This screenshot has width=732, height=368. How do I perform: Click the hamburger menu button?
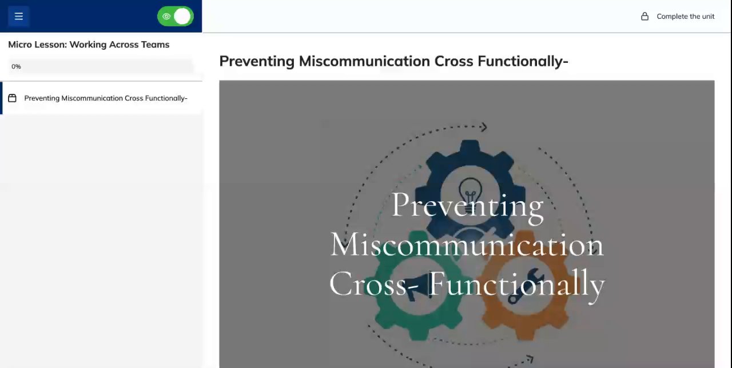19,16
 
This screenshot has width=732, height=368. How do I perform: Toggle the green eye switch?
176,17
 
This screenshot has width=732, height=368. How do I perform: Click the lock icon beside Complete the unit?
645,17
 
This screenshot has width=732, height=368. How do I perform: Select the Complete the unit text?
685,17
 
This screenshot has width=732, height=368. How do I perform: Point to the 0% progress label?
16,67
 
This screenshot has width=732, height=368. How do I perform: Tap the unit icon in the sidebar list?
12,98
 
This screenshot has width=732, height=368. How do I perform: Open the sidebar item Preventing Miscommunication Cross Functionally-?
106,98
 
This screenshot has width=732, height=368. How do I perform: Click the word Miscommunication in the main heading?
364,61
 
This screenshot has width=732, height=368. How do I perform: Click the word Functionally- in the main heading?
523,61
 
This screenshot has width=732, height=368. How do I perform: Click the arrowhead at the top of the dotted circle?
484,127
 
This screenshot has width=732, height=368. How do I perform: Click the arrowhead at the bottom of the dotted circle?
530,359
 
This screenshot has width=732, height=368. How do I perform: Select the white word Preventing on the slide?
467,206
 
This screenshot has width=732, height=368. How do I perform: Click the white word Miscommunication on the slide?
467,245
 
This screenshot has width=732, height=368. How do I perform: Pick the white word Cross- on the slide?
374,283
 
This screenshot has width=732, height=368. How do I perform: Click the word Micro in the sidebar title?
20,45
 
